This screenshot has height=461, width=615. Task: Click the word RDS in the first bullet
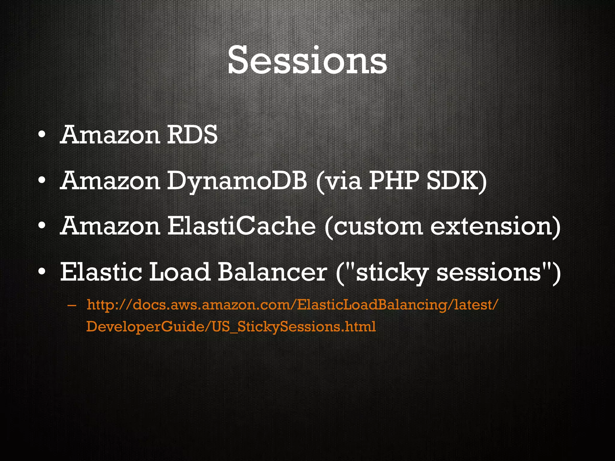192,135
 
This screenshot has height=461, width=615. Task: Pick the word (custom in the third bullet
374,227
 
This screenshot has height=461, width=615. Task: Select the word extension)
495,227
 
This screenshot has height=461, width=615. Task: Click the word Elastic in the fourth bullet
101,272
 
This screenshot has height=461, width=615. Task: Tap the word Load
179,272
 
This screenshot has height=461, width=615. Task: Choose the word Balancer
272,272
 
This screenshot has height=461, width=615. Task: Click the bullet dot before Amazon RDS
42,135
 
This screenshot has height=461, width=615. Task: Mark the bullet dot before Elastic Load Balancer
42,272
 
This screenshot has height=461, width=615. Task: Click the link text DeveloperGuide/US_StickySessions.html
231,327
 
